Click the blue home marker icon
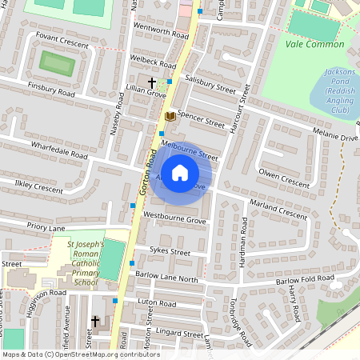point(181,171)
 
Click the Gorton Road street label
point(145,172)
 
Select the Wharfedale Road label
point(59,151)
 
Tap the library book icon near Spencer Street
point(170,117)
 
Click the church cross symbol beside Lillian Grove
point(151,82)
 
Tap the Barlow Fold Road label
point(304,279)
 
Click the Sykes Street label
point(170,252)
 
